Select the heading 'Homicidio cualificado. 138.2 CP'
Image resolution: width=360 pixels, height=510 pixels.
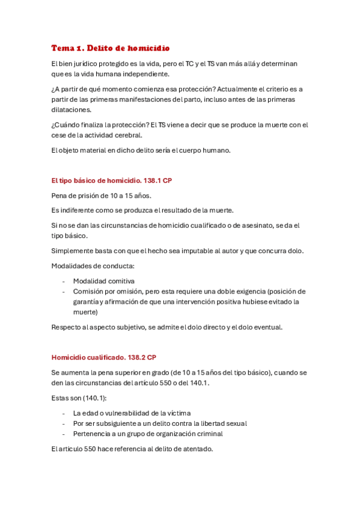coord(104,357)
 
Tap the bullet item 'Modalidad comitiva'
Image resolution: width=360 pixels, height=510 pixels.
coord(103,281)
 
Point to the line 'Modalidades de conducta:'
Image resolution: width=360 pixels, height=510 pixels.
coord(93,265)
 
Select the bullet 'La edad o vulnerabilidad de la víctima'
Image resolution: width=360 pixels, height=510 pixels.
coord(132,413)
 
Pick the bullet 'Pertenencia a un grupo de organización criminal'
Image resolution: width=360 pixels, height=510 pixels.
coord(147,434)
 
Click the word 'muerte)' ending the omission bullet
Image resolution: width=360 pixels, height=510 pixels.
coord(86,312)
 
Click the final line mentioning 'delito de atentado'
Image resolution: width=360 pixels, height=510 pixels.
coord(132,449)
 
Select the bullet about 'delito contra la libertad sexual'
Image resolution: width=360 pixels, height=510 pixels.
coord(160,423)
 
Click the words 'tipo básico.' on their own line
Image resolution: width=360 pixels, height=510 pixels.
coord(70,236)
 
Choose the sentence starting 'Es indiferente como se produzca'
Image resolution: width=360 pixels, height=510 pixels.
coord(142,210)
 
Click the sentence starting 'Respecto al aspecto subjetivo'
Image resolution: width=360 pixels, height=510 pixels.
coord(167,327)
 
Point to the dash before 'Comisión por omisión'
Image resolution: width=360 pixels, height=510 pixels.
coord(64,292)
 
